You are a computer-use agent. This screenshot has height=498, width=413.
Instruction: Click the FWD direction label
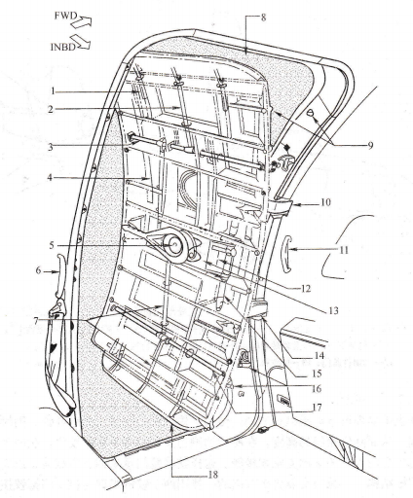click(65, 16)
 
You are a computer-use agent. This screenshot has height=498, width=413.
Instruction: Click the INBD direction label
click(63, 47)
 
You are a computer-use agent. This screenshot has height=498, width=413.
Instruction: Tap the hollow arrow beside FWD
click(81, 21)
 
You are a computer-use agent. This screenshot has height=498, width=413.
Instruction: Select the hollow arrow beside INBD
click(80, 42)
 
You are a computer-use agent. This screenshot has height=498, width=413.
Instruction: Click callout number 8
click(263, 18)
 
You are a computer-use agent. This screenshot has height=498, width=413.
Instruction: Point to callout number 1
click(53, 91)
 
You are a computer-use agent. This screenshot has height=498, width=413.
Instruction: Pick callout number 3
click(51, 147)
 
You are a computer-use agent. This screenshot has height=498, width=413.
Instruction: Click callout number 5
click(52, 245)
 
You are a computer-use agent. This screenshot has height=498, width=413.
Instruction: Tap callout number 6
click(38, 270)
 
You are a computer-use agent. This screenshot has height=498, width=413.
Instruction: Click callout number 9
click(370, 145)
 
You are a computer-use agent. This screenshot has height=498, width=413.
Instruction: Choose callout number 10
click(325, 202)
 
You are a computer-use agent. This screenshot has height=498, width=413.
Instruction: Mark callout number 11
click(344, 250)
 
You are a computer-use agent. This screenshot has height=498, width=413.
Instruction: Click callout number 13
click(333, 310)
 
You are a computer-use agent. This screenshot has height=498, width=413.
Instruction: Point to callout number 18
click(212, 475)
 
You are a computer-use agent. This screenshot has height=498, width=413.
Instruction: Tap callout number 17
click(317, 408)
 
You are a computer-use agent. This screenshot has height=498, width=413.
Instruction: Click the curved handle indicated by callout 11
click(286, 254)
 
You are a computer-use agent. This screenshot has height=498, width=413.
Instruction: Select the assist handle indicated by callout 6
click(60, 275)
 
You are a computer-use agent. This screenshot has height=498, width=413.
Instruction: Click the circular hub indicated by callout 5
click(174, 245)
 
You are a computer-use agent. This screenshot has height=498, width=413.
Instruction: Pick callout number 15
click(316, 373)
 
